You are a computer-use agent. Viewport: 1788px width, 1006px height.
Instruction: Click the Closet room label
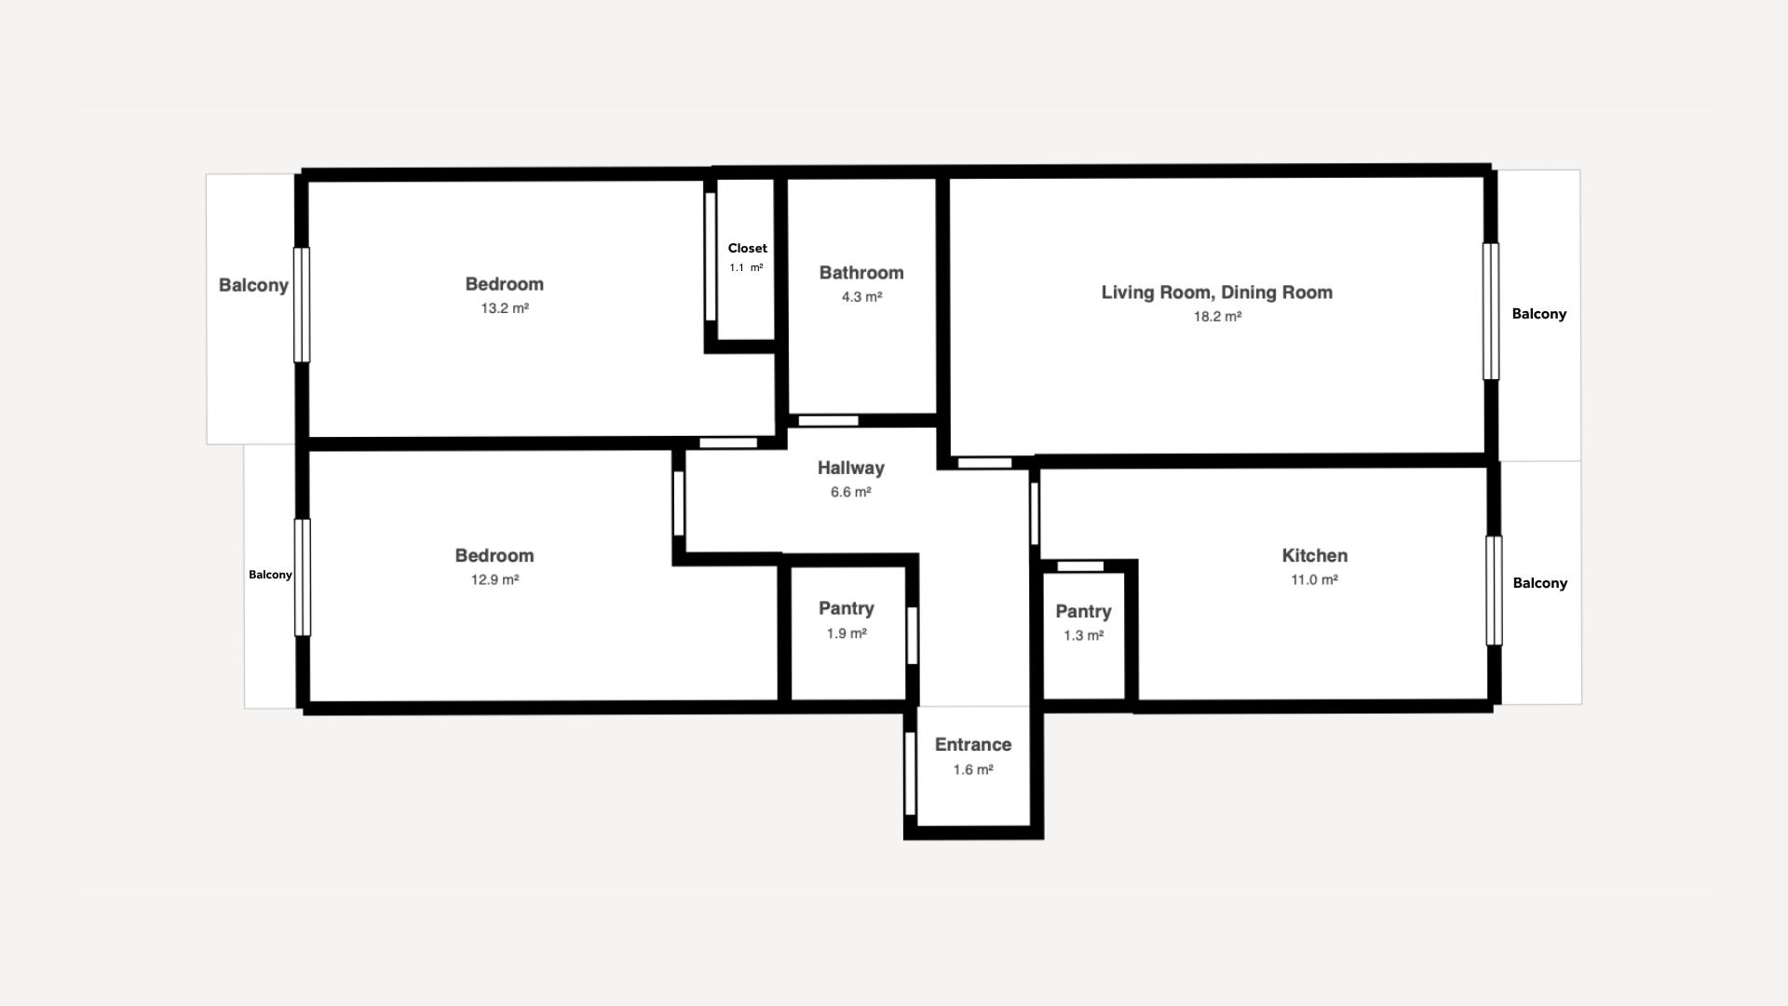point(748,248)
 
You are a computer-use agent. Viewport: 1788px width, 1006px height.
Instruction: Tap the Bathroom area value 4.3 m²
point(861,297)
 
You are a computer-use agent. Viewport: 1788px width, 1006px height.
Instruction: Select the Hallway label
point(851,468)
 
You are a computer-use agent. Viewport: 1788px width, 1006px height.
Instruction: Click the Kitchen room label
point(1315,555)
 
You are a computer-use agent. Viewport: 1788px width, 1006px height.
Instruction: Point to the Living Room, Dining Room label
point(1217,292)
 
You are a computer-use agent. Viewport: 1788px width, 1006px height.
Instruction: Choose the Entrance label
point(973,744)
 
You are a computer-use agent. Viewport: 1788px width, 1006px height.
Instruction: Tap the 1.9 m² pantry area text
point(847,633)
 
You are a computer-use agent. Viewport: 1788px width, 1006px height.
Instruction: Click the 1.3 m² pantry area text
point(1084,636)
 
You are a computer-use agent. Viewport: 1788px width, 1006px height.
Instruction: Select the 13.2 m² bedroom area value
point(505,308)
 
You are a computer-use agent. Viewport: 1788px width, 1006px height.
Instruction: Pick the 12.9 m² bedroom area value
point(494,579)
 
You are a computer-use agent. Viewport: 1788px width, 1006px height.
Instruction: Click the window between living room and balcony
point(1491,311)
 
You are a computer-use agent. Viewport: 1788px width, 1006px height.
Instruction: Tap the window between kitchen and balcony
point(1494,591)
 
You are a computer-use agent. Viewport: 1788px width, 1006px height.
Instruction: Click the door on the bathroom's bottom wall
point(829,421)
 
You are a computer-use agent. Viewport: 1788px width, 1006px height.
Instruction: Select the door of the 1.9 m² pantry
point(912,636)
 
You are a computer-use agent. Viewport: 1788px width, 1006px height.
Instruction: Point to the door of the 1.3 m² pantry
point(1081,566)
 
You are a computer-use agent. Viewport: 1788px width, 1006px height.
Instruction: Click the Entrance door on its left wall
point(910,774)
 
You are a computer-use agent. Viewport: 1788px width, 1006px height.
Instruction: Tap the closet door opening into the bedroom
point(710,257)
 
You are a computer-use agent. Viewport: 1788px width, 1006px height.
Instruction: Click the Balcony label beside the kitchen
point(1540,583)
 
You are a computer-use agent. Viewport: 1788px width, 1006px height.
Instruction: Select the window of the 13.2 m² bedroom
point(302,305)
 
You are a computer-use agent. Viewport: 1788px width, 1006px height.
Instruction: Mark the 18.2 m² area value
point(1218,317)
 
